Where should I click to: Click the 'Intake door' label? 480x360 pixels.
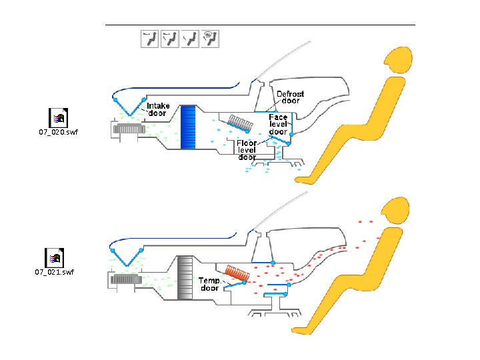(159, 109)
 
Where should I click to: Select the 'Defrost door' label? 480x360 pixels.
(290, 97)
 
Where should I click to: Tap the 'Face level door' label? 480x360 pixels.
(279, 125)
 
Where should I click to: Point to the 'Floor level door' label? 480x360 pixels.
(247, 150)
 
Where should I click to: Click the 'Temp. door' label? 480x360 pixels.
(209, 285)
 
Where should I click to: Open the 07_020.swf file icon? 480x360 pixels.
(59, 117)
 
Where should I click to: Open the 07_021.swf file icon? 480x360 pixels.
(55, 257)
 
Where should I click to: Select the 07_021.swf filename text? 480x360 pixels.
(55, 272)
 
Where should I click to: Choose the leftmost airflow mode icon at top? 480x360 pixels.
(149, 39)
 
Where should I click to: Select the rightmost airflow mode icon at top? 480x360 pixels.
(211, 39)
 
